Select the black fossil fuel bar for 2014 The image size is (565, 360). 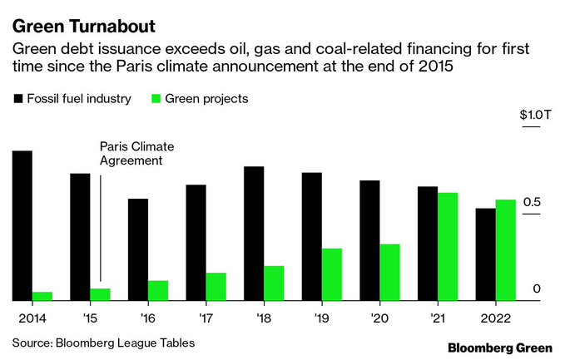click(22, 225)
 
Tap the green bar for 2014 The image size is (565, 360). click(42, 296)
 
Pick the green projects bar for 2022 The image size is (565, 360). click(505, 250)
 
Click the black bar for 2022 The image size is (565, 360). click(485, 254)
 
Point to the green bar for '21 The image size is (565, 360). click(448, 246)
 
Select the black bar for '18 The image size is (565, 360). click(254, 234)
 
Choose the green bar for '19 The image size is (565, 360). click(332, 274)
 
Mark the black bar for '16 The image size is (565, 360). click(138, 249)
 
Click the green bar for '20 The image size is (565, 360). click(389, 272)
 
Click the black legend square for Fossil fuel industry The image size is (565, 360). click(16, 99)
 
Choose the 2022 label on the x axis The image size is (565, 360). click(495, 318)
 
